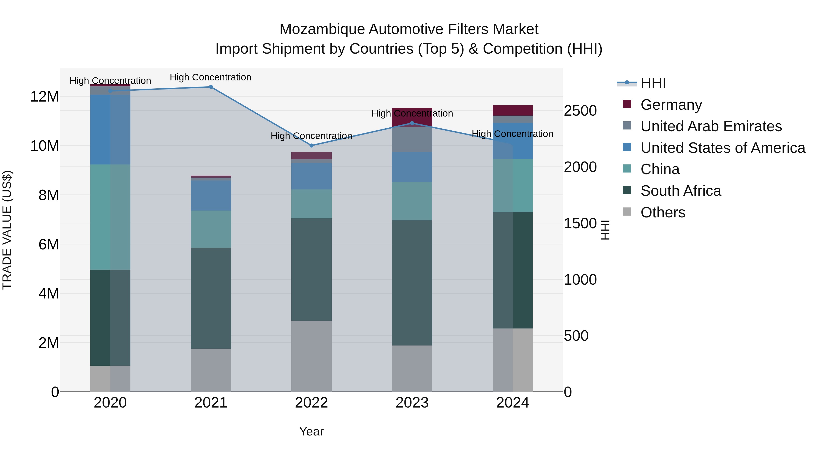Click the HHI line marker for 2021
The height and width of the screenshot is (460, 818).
click(x=211, y=87)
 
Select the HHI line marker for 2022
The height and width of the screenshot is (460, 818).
click(x=312, y=146)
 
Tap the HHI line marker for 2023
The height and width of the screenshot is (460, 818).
click(x=412, y=123)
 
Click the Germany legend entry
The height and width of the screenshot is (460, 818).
click(x=671, y=105)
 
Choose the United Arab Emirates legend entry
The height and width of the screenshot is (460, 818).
click(x=711, y=126)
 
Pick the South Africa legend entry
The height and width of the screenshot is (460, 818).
click(x=681, y=191)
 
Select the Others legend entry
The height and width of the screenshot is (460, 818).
click(x=663, y=212)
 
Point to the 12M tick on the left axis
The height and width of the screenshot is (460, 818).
click(x=45, y=97)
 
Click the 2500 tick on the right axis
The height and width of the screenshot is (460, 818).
click(x=580, y=111)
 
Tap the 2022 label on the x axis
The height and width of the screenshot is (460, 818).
click(x=312, y=403)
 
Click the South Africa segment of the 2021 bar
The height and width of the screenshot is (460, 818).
click(x=211, y=298)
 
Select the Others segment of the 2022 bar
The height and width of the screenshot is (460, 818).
click(x=312, y=356)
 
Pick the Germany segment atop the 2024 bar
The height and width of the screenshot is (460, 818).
click(x=513, y=110)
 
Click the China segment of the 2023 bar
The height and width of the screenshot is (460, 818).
click(x=412, y=201)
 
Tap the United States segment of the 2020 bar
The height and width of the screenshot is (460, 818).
click(x=110, y=129)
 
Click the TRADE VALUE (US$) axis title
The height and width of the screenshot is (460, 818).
click(x=7, y=230)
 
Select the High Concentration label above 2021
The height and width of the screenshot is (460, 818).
click(x=211, y=77)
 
